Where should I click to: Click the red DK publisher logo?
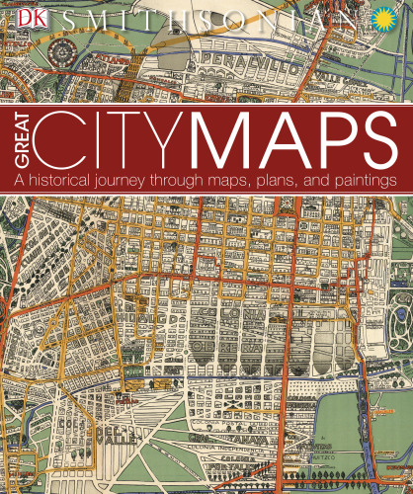18,17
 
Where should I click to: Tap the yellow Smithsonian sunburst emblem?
387,17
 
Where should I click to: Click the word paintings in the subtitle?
357,182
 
